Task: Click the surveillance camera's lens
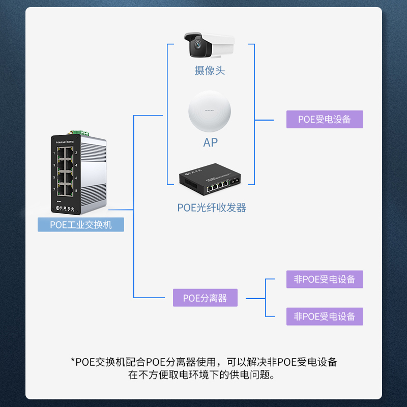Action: point(196,48)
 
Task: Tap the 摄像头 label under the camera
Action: point(210,71)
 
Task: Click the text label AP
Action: point(210,142)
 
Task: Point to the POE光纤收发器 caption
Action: point(212,208)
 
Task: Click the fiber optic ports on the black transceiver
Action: point(235,182)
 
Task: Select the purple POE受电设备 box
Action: point(325,120)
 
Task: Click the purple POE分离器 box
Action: point(205,298)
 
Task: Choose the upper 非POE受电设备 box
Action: point(325,279)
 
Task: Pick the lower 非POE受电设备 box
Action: point(325,316)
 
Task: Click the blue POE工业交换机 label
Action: point(81,224)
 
